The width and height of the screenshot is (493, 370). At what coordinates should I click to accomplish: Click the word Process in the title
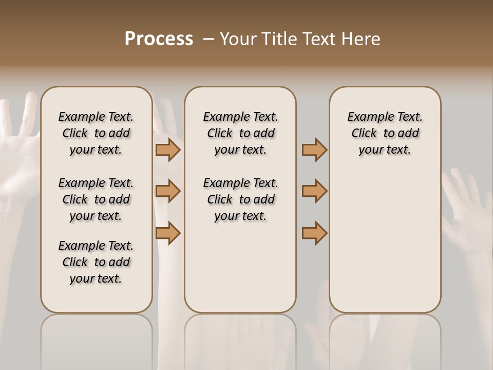point(159,39)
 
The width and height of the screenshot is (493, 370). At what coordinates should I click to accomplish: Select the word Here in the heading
point(362,39)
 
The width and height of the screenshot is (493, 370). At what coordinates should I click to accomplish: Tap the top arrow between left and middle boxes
point(167,150)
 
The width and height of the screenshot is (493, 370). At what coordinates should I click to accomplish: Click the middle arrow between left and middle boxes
point(167,191)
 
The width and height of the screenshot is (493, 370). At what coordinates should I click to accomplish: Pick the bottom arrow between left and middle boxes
point(167,233)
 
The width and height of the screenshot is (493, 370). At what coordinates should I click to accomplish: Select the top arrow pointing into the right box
point(314,150)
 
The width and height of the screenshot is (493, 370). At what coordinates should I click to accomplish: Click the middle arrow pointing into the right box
point(314,191)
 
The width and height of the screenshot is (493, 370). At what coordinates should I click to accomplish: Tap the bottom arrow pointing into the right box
point(314,233)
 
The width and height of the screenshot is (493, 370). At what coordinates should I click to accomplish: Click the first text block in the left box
point(96,133)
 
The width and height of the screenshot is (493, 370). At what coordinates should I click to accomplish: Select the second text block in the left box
point(96,199)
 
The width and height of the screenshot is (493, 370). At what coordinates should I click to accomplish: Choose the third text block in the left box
point(96,262)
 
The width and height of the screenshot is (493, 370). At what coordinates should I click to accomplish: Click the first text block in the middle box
point(240,133)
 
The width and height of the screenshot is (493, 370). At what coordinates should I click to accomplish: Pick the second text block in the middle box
point(240,199)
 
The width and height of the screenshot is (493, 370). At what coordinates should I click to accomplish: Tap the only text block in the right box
point(385,133)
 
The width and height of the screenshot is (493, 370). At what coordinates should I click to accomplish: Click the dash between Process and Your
point(208,39)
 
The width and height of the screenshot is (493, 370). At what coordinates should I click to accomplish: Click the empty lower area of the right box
point(385,247)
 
